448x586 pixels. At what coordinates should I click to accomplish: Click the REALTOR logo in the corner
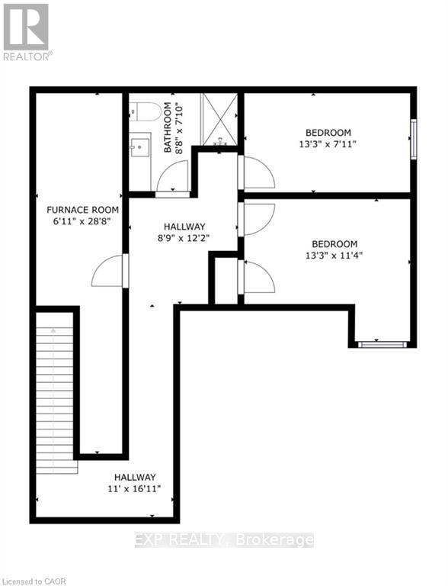click(x=26, y=31)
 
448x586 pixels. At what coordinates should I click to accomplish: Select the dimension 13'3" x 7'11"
click(x=328, y=143)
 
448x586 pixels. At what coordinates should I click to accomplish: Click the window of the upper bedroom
click(x=414, y=139)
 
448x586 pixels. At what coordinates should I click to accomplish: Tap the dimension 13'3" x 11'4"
click(x=329, y=256)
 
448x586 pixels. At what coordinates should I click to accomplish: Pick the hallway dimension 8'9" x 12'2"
click(x=183, y=238)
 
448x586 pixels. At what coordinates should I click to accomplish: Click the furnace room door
click(x=109, y=271)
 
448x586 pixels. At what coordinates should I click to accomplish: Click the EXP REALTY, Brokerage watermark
click(x=224, y=540)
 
